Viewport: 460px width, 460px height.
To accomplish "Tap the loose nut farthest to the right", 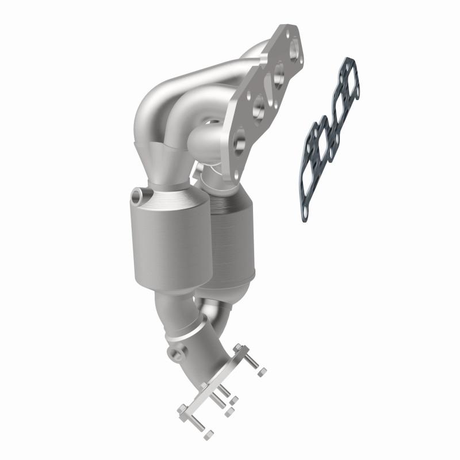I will [x=262, y=373].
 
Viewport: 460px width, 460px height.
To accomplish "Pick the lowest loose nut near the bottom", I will [x=209, y=434].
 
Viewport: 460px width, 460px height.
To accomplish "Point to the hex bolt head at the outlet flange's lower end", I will [x=182, y=409].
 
